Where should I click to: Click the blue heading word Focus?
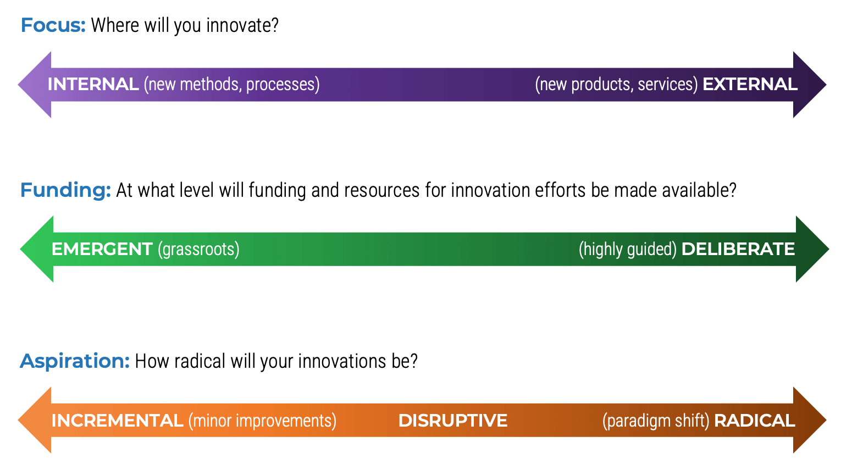coord(53,25)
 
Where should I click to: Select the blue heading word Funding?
coord(65,190)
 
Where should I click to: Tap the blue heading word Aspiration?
coord(74,361)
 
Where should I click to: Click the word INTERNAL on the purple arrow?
coord(93,84)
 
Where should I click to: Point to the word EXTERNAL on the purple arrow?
coord(750,84)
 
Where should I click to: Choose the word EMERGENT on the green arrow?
coord(102,249)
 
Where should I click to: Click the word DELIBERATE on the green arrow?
coord(738,249)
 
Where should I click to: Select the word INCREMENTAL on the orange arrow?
coord(117,421)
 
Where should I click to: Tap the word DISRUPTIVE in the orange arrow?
coord(452,421)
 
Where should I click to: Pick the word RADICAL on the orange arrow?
coord(754,421)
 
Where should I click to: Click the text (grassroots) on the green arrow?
coord(198,250)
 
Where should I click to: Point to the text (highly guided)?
coord(627,250)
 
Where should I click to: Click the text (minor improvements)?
coord(262,421)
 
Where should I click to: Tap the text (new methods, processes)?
coord(231,85)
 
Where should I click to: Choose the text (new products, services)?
coord(616,85)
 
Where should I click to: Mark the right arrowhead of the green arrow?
coord(811,249)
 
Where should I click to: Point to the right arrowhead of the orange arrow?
coord(809,421)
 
